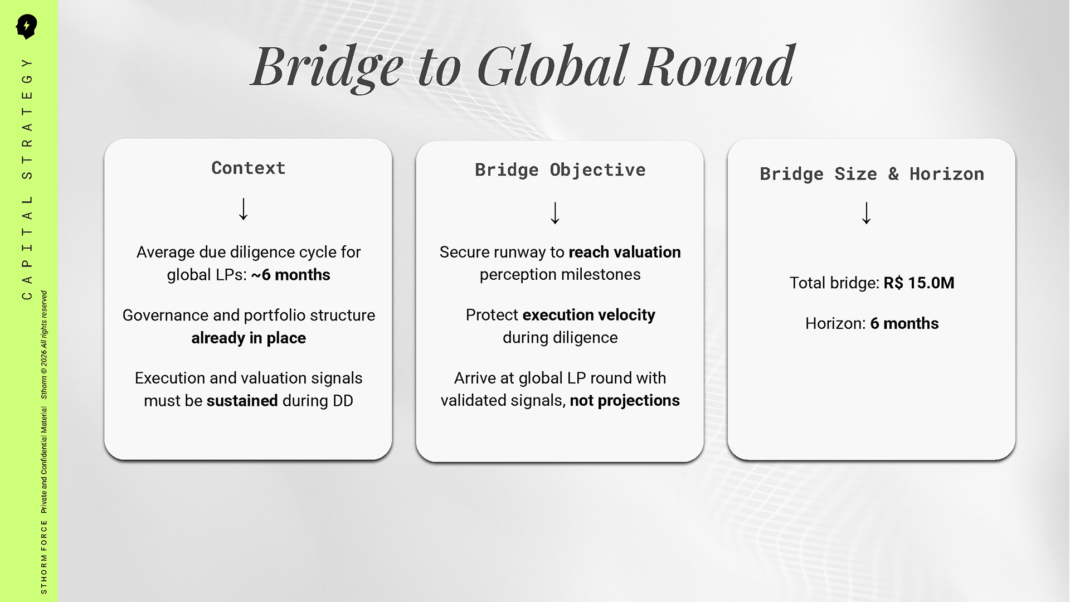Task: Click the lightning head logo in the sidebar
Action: [26, 26]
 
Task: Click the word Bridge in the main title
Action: [327, 68]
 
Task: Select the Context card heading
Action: [249, 168]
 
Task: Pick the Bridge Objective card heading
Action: [560, 169]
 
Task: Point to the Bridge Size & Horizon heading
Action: [872, 174]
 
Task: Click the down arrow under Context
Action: [244, 209]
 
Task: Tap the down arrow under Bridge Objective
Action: [555, 213]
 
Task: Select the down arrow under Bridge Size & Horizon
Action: [867, 213]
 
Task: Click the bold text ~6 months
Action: [290, 275]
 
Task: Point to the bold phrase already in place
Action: [249, 338]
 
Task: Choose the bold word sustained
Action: [242, 401]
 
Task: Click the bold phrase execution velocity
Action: [588, 315]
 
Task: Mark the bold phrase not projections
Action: [625, 400]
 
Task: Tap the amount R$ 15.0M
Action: [919, 283]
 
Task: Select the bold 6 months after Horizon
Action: [904, 323]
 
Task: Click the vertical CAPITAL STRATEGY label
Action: [27, 179]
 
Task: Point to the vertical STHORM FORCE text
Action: [44, 557]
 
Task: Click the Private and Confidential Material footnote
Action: [44, 460]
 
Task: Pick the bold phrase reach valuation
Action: [625, 252]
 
